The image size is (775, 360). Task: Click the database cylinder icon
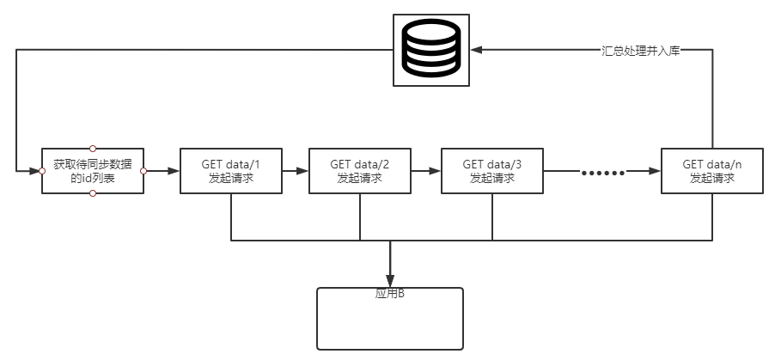click(x=431, y=50)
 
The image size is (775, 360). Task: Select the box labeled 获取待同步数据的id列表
click(x=93, y=171)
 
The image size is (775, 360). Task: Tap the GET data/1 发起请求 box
click(x=231, y=171)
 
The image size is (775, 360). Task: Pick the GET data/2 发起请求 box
click(x=360, y=171)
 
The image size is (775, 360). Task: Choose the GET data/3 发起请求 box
click(x=492, y=171)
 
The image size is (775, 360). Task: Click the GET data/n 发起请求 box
click(x=712, y=171)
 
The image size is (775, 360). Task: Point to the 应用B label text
click(x=390, y=294)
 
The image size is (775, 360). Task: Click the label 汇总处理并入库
click(x=641, y=51)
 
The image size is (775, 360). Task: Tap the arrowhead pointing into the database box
click(x=476, y=50)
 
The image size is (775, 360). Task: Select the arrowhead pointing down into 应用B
click(x=390, y=281)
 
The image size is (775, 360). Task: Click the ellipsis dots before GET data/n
click(x=602, y=173)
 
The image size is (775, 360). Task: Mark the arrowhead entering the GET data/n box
click(x=655, y=171)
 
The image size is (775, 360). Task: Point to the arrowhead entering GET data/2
click(x=302, y=171)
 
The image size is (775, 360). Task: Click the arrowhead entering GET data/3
click(x=435, y=171)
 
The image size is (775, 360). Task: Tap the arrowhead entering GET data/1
click(x=174, y=171)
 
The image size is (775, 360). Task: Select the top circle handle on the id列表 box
click(x=93, y=149)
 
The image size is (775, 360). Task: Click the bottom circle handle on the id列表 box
click(x=93, y=193)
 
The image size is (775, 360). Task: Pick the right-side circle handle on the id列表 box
click(x=143, y=171)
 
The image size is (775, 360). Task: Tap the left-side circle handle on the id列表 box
click(x=42, y=171)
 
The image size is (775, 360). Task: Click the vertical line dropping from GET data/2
click(x=360, y=217)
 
